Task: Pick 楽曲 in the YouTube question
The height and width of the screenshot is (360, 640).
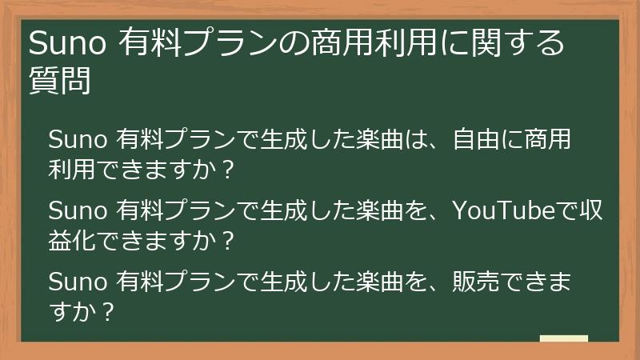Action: tap(370, 211)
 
